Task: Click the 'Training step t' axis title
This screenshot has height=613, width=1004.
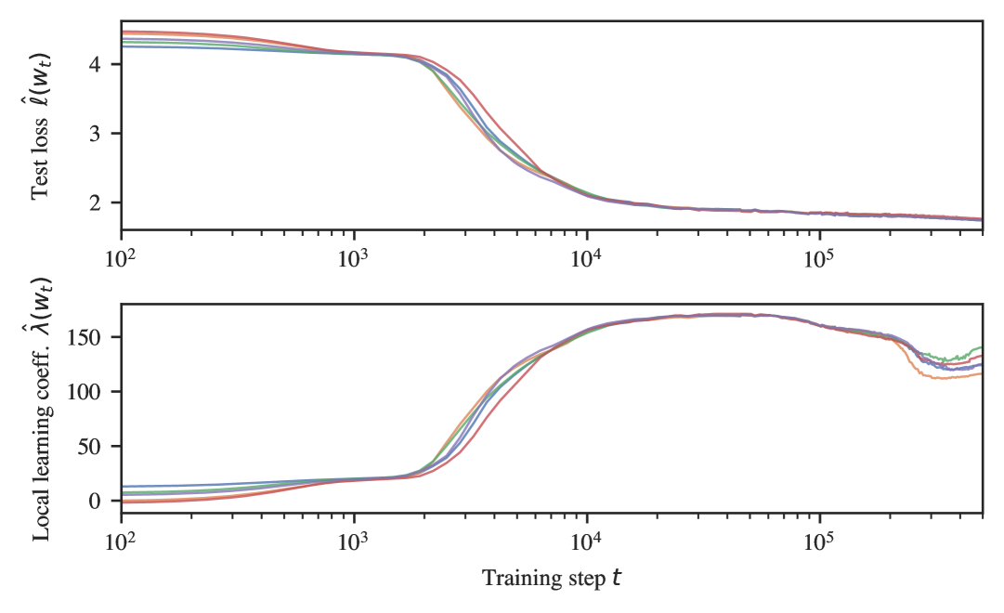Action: click(552, 579)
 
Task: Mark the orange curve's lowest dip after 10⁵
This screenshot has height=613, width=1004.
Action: click(938, 378)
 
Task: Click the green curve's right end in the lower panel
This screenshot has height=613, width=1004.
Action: click(982, 347)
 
